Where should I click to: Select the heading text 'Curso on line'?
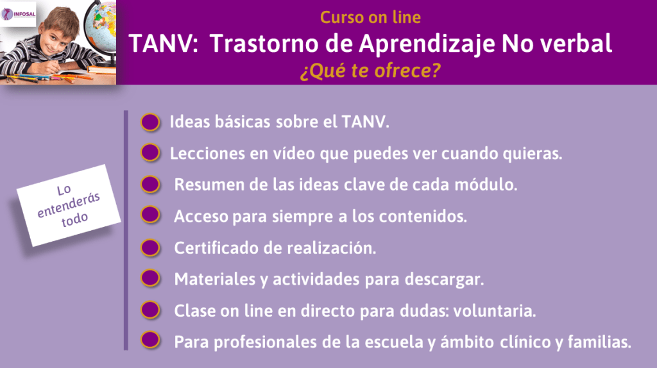coord(370,17)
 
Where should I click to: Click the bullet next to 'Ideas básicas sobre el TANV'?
coord(149,122)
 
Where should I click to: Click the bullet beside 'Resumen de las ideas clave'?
coord(149,185)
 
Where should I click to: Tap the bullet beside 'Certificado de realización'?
coord(149,247)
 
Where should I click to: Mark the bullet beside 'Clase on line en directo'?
coord(149,310)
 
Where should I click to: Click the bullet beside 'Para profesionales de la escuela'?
coord(149,340)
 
